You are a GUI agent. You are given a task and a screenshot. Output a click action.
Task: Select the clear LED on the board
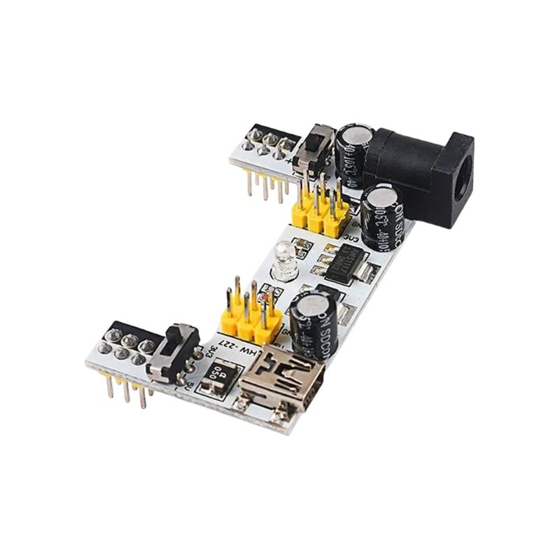[x=284, y=260]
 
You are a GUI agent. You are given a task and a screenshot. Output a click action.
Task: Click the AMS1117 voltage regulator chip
[x=343, y=262]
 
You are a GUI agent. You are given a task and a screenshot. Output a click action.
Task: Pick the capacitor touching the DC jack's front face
[x=382, y=217]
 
